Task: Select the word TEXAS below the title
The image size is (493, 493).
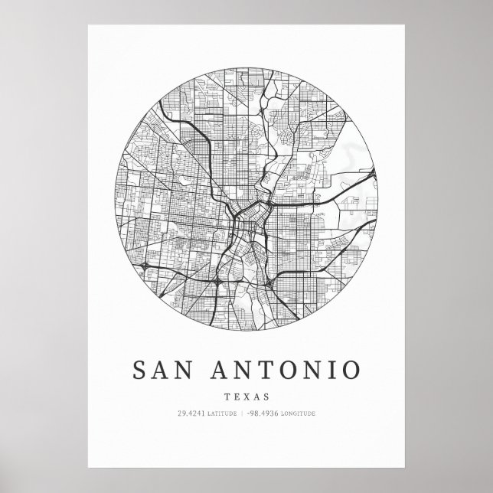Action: [x=246, y=396]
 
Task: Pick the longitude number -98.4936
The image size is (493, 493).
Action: [x=263, y=414]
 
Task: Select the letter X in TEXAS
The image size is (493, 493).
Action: [x=246, y=396]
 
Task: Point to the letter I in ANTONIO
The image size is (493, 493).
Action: [x=323, y=371]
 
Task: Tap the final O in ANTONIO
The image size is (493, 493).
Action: [x=347, y=371]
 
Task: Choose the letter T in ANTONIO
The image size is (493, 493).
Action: [x=250, y=371]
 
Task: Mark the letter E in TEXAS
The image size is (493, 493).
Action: [x=237, y=396]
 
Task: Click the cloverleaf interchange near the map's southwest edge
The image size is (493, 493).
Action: [x=144, y=266]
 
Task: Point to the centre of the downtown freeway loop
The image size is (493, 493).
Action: [x=246, y=230]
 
